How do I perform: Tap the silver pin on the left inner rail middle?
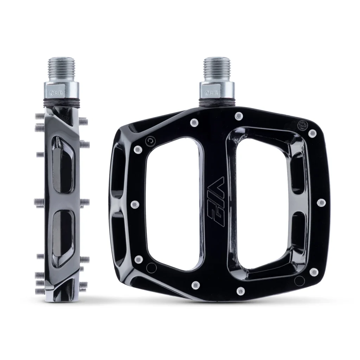tap(133, 204)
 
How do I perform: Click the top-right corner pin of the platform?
tap(312, 133)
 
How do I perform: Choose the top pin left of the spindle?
tap(193, 122)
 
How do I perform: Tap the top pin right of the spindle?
tap(239, 116)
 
